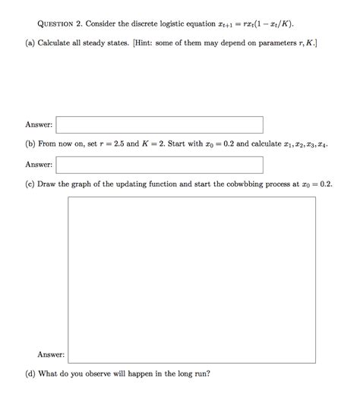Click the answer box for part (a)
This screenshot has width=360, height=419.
click(159, 124)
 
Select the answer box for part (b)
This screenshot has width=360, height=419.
click(159, 164)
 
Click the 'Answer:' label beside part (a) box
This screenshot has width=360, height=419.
click(38, 124)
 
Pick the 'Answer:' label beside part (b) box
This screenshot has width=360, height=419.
click(38, 164)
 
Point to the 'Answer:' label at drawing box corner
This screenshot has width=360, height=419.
click(51, 354)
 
